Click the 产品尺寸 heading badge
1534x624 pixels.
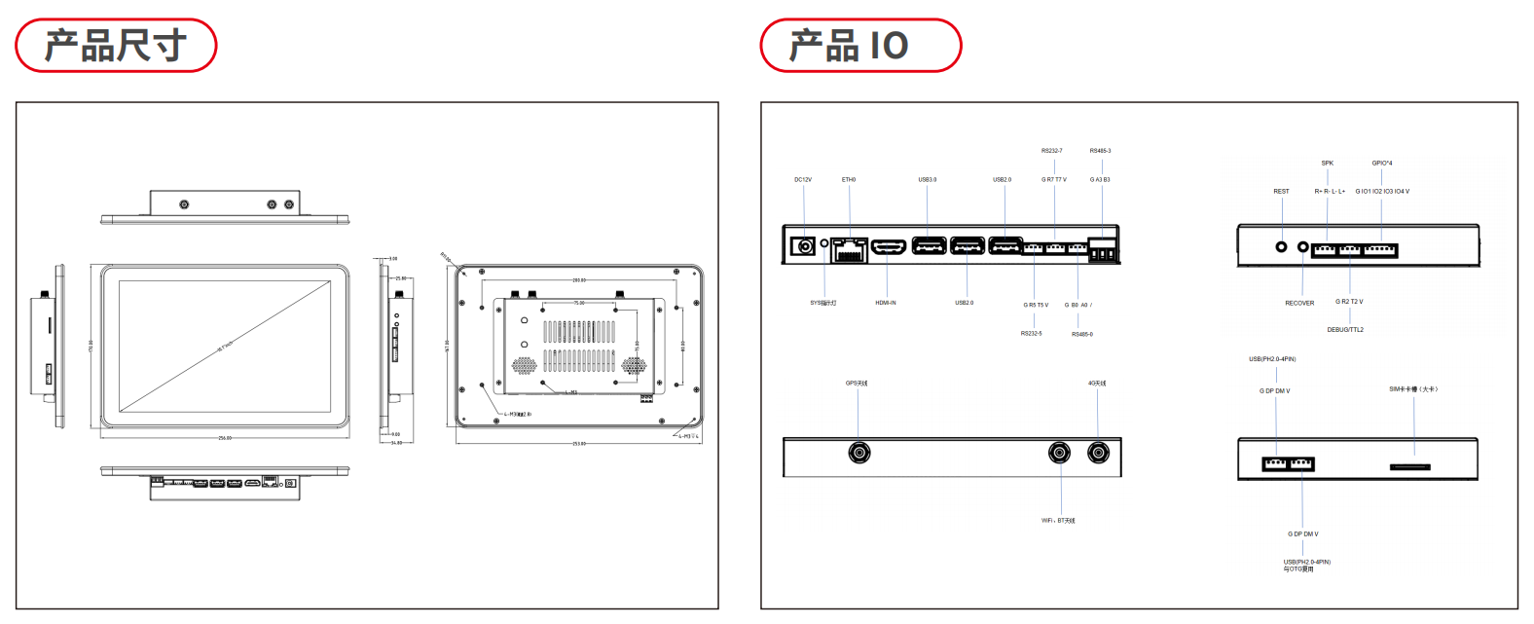coord(116,46)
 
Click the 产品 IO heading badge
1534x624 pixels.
coord(860,46)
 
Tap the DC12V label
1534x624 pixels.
coord(803,180)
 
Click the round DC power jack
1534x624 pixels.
coord(805,246)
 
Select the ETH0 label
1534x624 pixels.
coord(849,180)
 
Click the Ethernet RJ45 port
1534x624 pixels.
coord(850,249)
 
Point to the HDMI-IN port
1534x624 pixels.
coord(889,247)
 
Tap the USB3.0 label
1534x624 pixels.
coord(927,180)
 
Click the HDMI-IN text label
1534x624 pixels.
coord(886,303)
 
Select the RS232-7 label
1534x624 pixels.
coord(1051,151)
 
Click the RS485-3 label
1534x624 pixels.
coord(1100,151)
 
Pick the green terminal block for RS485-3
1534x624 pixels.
coord(1103,252)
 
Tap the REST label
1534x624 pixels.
coord(1281,192)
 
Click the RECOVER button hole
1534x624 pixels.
coord(1303,246)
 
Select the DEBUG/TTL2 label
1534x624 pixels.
coord(1345,330)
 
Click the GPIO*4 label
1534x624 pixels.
coord(1382,164)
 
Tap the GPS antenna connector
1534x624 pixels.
coord(858,453)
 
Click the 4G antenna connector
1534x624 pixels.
coord(1098,453)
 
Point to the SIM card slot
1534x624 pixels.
coord(1410,467)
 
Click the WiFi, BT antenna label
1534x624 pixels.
coord(1058,521)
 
